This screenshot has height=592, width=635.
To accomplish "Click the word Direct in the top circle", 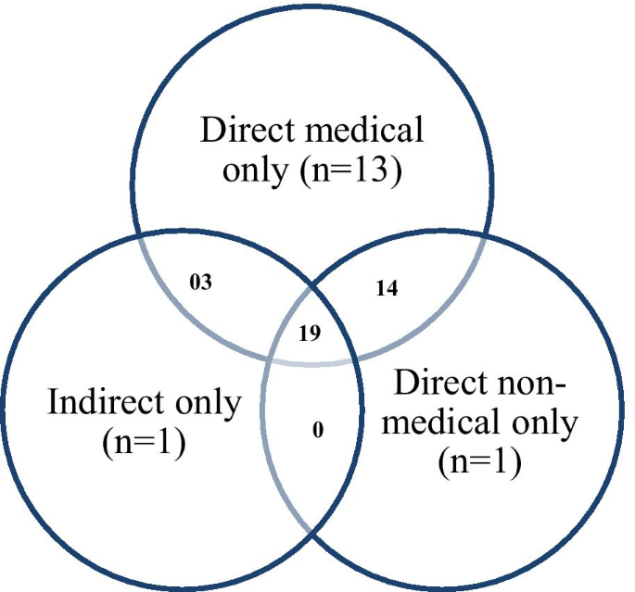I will [x=243, y=129].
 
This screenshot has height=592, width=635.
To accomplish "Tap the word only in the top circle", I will [x=255, y=171].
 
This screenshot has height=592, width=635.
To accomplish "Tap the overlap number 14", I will [x=386, y=288].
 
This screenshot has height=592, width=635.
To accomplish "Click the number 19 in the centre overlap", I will [x=310, y=333].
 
